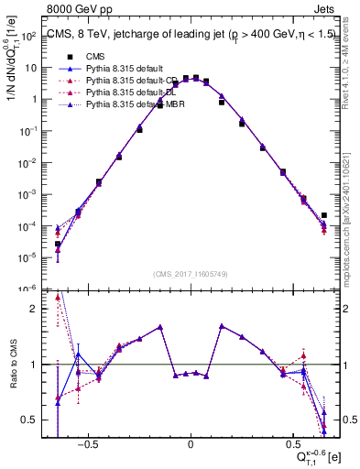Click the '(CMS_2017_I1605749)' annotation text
pyautogui.click(x=190, y=275)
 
